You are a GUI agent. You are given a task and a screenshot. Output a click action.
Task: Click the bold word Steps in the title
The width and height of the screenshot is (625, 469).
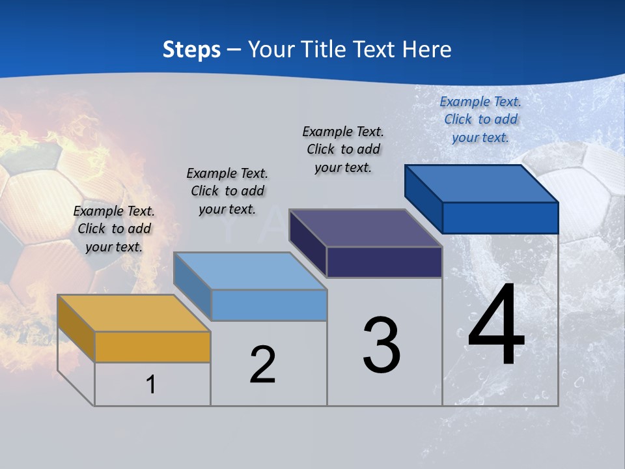191,50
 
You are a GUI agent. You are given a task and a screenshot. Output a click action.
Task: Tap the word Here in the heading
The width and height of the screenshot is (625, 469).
427,50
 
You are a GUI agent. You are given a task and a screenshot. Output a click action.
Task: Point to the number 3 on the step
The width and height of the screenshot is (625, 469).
382,345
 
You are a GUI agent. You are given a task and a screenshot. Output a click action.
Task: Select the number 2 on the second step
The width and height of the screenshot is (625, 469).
262,365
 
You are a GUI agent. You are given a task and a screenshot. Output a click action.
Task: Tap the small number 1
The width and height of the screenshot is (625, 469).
151,384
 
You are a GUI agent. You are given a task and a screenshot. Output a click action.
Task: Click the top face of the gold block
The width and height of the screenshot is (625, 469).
133,313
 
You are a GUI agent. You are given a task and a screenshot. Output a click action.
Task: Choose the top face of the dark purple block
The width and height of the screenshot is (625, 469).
365,229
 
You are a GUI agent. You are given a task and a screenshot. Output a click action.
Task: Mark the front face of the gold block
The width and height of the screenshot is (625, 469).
152,347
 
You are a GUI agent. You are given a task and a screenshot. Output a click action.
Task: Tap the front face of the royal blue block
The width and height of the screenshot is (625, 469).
500,218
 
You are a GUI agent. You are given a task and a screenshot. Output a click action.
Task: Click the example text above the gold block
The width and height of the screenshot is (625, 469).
114,229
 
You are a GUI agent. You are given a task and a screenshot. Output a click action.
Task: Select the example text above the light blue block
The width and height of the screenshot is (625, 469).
227,191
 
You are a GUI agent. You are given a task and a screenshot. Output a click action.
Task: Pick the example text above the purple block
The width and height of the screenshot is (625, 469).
343,149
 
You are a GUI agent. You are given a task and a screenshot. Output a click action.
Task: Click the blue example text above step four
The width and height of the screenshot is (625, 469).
480,119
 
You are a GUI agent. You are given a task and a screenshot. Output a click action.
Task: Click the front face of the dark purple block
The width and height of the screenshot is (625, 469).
384,262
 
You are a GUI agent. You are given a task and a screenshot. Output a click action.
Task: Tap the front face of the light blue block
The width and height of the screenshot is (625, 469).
268,305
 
